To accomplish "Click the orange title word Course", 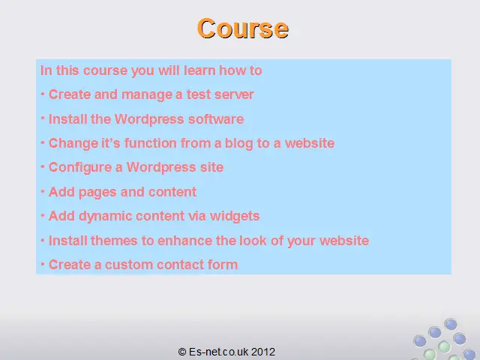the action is point(243,28).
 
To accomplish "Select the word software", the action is point(216,119).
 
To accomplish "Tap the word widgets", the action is point(235,216).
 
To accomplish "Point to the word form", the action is point(223,265).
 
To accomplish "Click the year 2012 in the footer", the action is point(263,352).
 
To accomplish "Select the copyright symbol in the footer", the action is point(182,352).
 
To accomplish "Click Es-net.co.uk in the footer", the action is point(218,352).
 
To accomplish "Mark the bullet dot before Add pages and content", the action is point(43,192).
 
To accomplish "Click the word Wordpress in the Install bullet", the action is point(149,119).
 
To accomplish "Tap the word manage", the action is point(147,95).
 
